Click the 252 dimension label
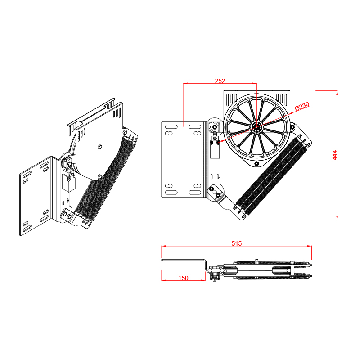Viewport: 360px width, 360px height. [x=220, y=81]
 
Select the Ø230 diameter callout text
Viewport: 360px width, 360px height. [x=302, y=106]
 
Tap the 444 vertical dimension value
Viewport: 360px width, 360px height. [x=335, y=155]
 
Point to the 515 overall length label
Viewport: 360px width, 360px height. [x=237, y=243]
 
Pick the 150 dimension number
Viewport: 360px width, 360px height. [x=183, y=278]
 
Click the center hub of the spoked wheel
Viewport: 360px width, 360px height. [x=256, y=126]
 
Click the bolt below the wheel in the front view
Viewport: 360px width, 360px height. [x=257, y=163]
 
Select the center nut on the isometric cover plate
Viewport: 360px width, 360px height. [x=99, y=147]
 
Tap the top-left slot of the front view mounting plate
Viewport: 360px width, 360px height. [x=171, y=127]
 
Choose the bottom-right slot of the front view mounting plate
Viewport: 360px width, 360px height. [x=195, y=193]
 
